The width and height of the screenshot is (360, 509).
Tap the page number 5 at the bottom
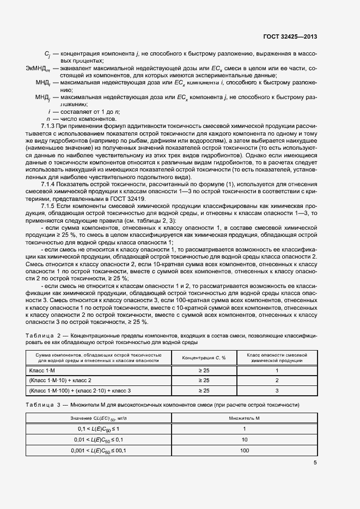pyautogui.click(x=315, y=463)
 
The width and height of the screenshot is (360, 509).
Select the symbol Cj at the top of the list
pyautogui.click(x=47, y=53)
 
